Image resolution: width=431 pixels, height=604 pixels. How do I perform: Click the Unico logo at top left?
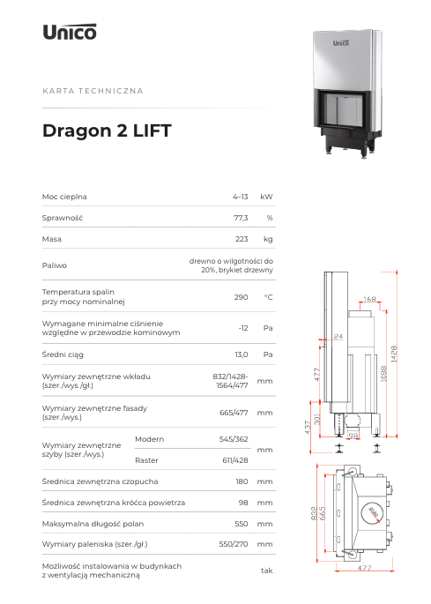click(x=70, y=32)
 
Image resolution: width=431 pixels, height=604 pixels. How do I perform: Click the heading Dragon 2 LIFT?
click(x=107, y=130)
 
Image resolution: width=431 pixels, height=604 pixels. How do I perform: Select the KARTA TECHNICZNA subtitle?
click(x=93, y=91)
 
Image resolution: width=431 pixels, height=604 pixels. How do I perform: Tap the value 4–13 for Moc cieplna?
click(x=241, y=197)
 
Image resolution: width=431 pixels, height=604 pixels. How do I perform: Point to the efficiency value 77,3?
click(x=241, y=218)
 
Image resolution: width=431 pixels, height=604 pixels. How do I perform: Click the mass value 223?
click(x=242, y=239)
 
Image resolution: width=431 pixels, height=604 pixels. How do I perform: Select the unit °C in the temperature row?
click(x=269, y=297)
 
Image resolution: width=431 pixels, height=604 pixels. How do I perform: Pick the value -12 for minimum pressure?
click(x=243, y=328)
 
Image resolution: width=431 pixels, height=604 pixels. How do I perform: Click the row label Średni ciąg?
click(x=63, y=354)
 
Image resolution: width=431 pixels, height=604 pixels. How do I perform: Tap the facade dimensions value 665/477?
click(x=234, y=413)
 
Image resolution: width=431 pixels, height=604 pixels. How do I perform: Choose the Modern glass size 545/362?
click(x=234, y=439)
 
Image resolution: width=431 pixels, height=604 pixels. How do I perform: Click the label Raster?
click(x=146, y=460)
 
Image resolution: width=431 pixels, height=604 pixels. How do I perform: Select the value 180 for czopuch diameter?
click(x=242, y=481)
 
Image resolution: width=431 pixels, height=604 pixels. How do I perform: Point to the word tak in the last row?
click(x=267, y=570)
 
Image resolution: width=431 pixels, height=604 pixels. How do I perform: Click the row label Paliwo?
click(x=55, y=265)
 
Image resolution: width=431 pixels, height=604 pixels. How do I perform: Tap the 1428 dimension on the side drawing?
click(x=394, y=354)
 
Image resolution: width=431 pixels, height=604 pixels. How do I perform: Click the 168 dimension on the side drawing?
click(x=370, y=299)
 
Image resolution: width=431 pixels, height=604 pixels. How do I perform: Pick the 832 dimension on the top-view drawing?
click(x=315, y=513)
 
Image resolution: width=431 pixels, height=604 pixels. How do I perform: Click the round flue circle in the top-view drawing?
click(x=373, y=513)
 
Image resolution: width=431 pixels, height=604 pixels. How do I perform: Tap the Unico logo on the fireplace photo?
click(x=341, y=42)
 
